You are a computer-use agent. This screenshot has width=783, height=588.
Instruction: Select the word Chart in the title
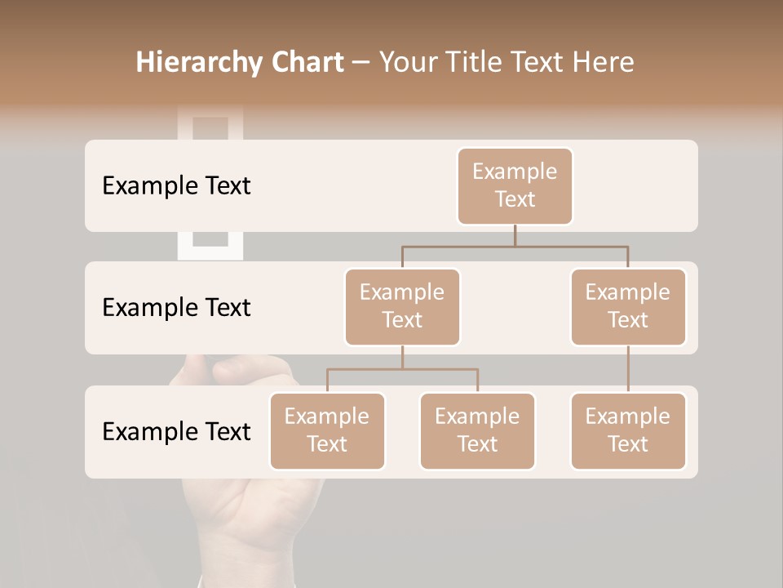303,63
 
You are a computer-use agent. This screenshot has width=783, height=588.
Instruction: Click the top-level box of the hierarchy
515,185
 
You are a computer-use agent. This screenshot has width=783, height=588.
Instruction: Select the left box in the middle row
402,306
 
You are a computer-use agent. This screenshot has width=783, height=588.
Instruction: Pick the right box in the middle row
628,306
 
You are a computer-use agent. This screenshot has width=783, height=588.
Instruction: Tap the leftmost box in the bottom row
327,430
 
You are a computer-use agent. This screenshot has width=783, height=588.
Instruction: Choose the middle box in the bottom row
477,430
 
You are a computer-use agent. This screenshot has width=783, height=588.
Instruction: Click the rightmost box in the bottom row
628,430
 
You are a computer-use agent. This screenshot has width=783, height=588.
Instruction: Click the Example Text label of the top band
176,185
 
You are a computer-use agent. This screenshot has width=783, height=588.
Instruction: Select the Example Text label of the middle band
176,307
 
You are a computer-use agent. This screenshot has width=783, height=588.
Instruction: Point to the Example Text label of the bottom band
176,431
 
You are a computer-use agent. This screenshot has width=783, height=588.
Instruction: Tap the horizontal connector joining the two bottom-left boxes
402,369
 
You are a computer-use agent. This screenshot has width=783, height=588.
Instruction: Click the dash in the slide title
361,63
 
